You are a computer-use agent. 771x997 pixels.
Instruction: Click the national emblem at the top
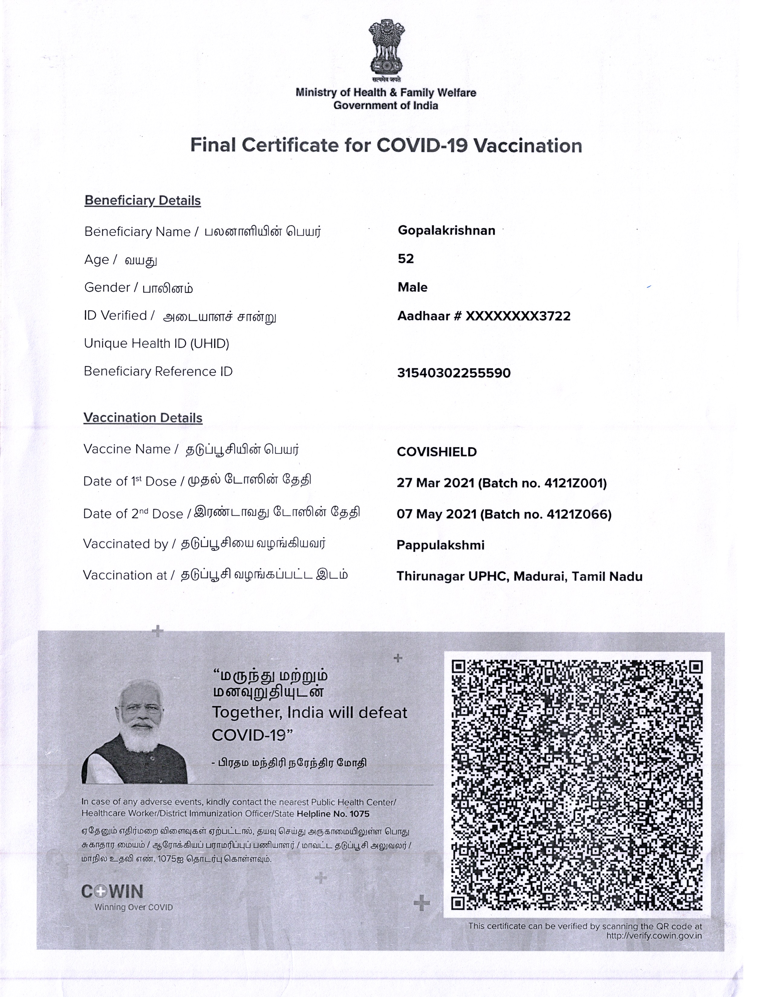point(386,48)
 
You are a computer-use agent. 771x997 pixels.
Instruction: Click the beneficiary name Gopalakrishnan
point(446,231)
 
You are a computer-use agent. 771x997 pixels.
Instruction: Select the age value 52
point(405,259)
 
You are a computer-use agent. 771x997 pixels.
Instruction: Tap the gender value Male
point(412,288)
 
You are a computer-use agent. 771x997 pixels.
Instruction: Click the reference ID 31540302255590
point(454,373)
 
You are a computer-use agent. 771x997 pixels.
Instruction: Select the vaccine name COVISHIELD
point(437,452)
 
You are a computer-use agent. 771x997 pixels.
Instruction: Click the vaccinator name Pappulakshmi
point(440,545)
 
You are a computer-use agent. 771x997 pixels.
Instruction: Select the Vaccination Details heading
point(142,418)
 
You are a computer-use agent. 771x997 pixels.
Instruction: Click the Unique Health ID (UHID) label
point(156,343)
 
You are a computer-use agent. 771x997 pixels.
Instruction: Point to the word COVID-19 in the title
point(422,146)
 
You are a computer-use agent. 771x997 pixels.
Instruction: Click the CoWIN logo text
point(112,892)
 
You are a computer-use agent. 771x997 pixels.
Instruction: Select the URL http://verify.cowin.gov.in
point(654,936)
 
